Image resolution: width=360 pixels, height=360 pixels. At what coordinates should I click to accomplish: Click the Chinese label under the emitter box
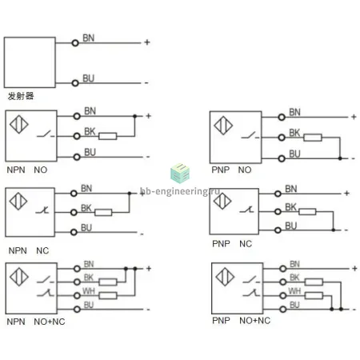pos(21,96)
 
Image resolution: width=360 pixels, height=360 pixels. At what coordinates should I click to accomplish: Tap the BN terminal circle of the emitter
pos(75,43)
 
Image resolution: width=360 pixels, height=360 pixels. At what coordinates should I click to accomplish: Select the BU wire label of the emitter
pos(89,78)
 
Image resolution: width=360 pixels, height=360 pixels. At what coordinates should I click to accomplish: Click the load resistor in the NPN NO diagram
pos(108,136)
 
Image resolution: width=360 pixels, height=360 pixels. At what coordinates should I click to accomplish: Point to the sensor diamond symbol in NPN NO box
pos(19,124)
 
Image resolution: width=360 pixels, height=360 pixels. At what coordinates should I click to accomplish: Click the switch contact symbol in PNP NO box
pos(250,135)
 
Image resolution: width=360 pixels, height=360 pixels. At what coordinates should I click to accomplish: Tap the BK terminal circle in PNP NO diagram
pos(282,138)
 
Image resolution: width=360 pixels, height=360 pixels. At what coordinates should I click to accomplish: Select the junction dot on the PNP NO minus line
pos(340,158)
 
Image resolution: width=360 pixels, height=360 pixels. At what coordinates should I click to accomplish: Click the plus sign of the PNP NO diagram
pos(354,117)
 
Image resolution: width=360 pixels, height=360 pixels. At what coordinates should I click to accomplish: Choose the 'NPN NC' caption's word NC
pos(42,250)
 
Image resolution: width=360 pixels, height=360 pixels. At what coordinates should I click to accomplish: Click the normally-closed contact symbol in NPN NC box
pos(42,210)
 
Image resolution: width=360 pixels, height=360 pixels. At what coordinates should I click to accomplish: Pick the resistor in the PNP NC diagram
pos(307,212)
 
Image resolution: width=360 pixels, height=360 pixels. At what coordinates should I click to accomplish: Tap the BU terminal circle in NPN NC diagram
pos(74,232)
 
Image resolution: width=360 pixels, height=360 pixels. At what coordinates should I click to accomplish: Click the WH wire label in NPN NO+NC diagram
pos(89,290)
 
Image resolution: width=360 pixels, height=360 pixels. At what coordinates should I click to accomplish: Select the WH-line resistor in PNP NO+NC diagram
pos(314,295)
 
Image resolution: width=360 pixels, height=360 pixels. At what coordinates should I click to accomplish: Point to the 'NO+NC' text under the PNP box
pos(255,320)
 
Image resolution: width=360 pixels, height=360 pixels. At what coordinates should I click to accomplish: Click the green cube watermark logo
pos(180,174)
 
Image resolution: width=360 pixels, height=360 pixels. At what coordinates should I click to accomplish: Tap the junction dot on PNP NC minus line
pos(334,230)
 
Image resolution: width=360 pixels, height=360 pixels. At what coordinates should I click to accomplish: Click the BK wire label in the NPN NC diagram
pos(86,208)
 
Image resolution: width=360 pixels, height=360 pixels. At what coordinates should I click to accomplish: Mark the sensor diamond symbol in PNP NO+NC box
pos(225,277)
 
